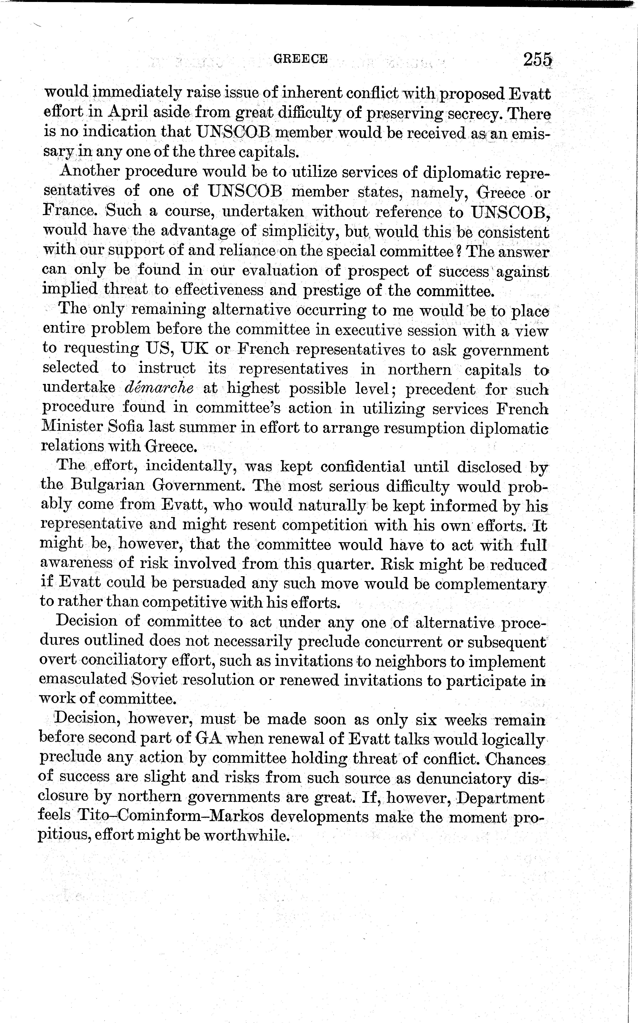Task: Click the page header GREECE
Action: pos(301,59)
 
